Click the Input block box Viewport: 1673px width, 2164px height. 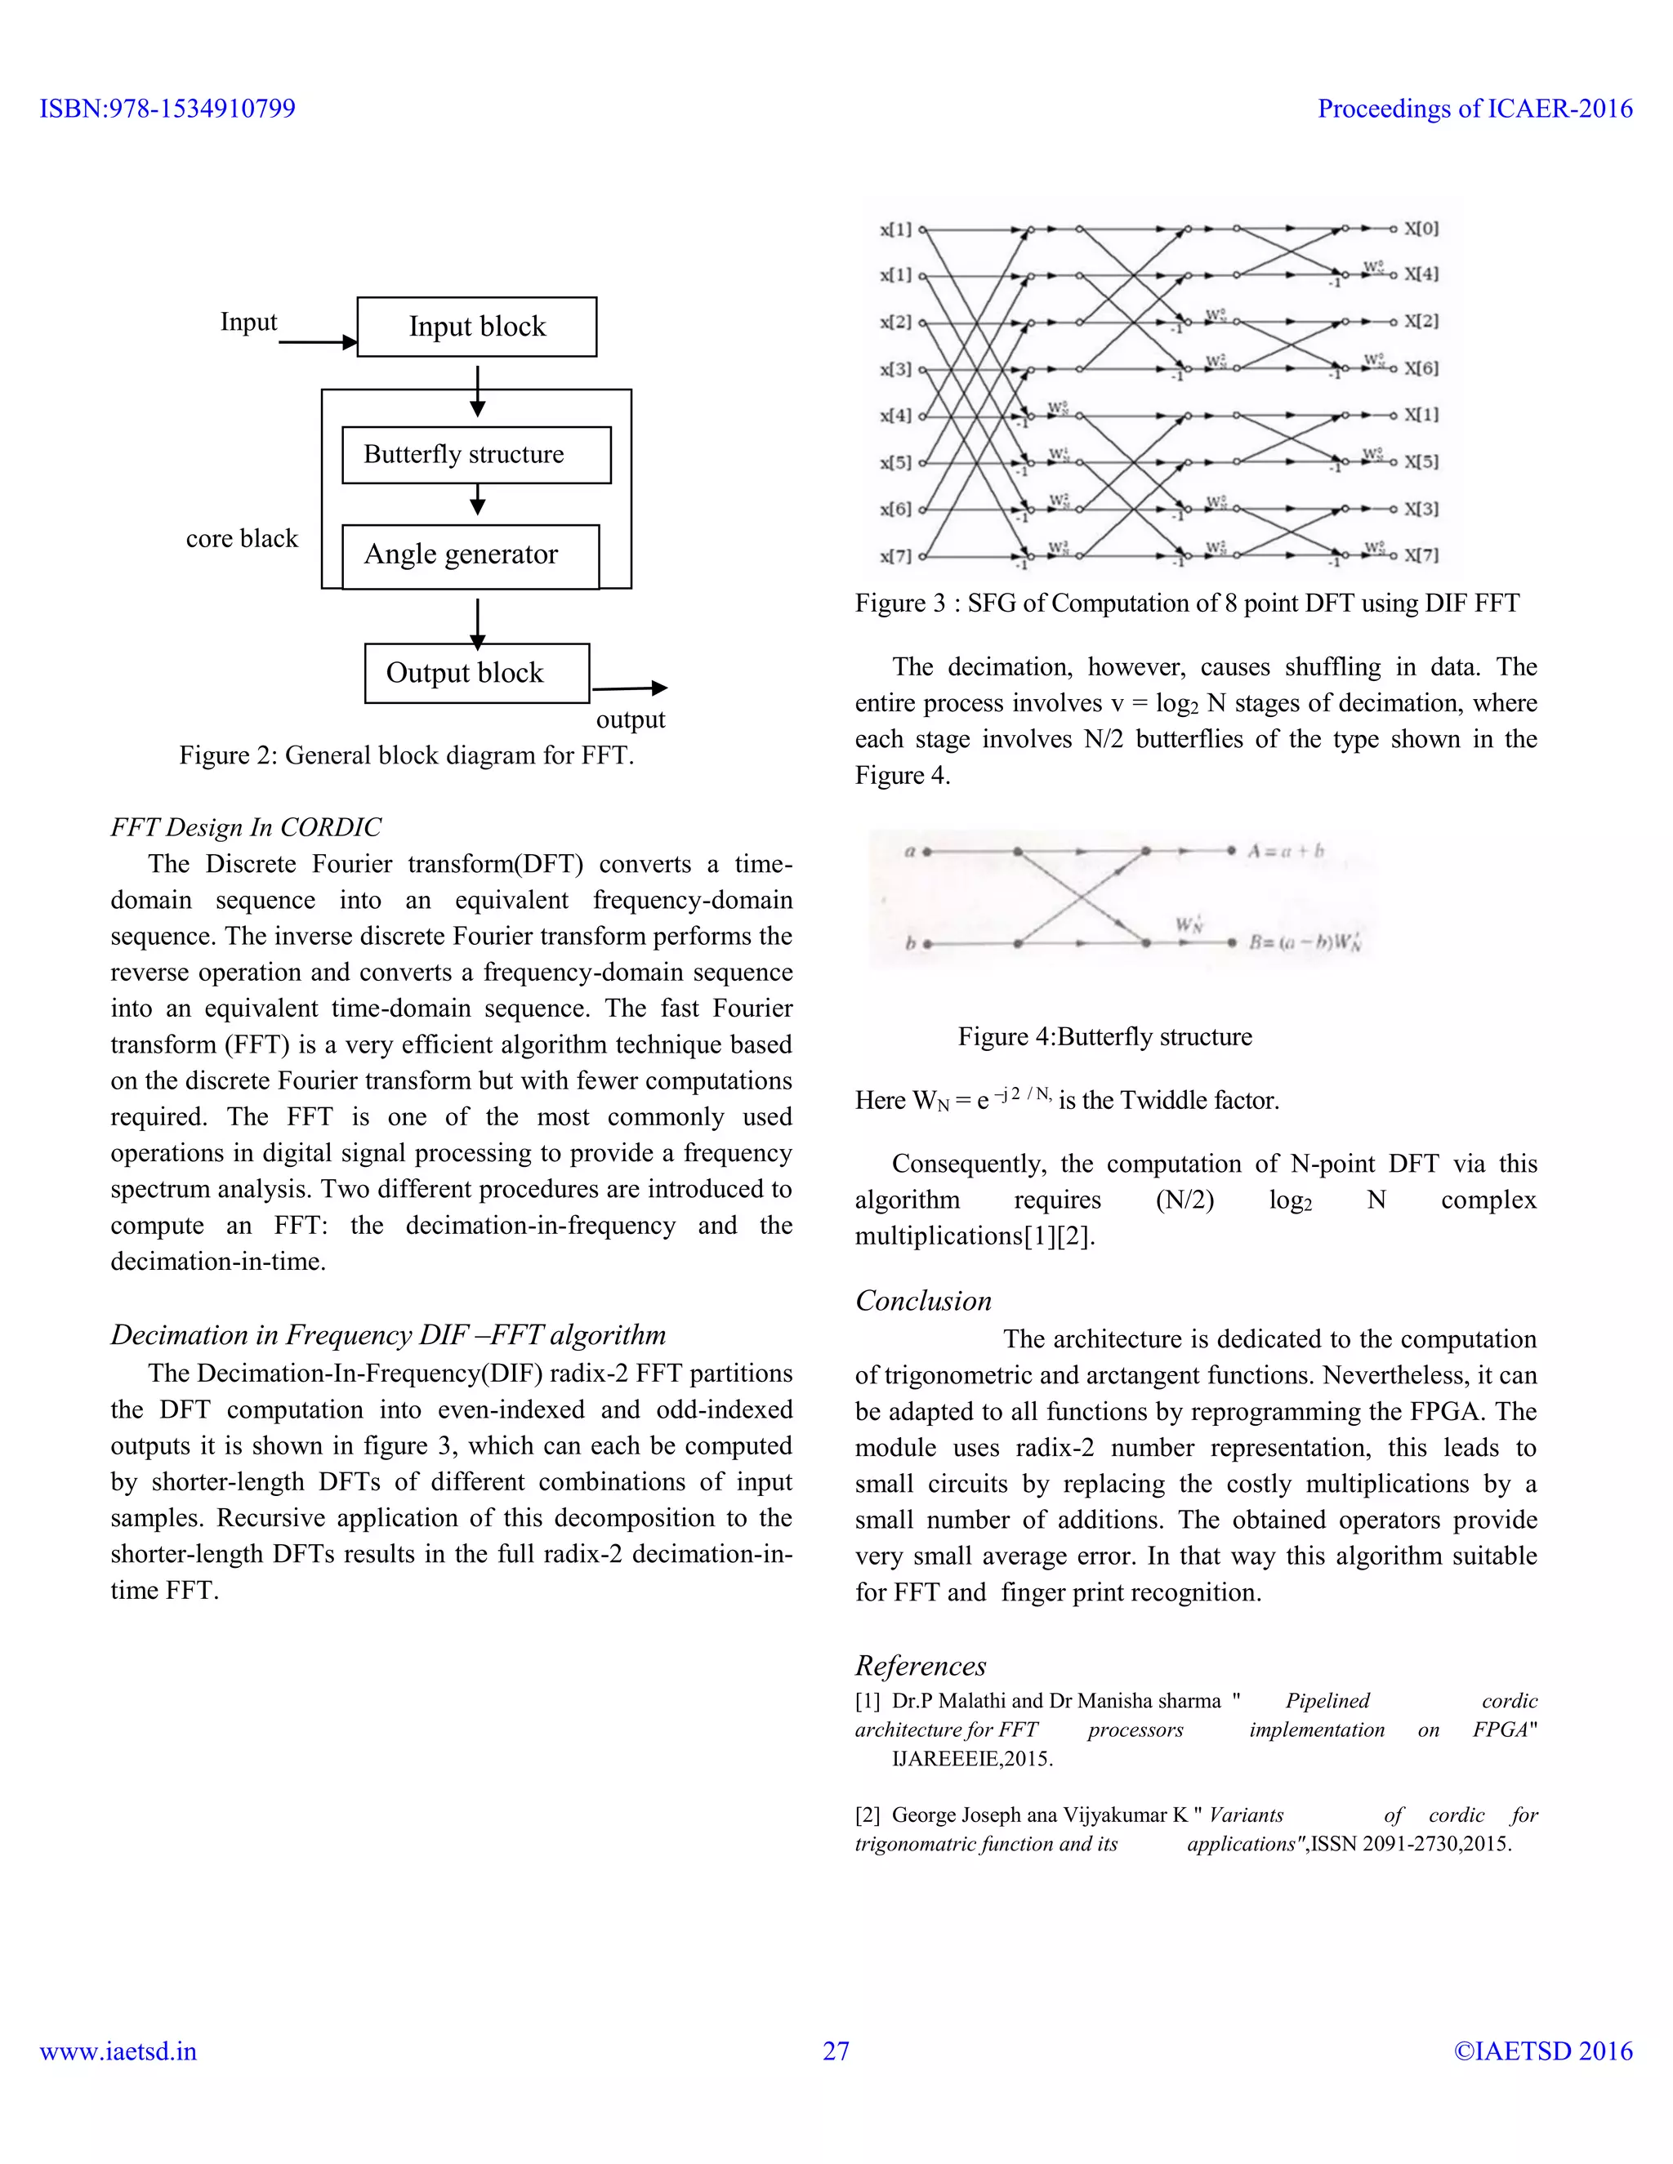pyautogui.click(x=477, y=327)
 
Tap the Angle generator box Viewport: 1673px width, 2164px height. pyautogui.click(x=470, y=556)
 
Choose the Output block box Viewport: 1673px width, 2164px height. pyautogui.click(x=477, y=674)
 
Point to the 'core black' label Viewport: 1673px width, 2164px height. pyautogui.click(x=242, y=539)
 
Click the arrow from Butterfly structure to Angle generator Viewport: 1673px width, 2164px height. pyautogui.click(x=478, y=500)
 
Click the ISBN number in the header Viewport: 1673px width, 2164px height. pyautogui.click(x=167, y=109)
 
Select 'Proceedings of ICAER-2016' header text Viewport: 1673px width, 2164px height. pyautogui.click(x=1474, y=109)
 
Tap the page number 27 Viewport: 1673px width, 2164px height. pyautogui.click(x=836, y=2051)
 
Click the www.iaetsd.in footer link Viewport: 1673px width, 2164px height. pyautogui.click(x=118, y=2051)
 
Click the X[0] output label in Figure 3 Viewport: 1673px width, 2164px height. pyautogui.click(x=1421, y=229)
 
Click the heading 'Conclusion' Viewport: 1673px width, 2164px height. pyautogui.click(x=923, y=1301)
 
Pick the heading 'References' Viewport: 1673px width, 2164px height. pyautogui.click(x=921, y=1666)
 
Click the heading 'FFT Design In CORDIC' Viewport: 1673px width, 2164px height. pyautogui.click(x=246, y=827)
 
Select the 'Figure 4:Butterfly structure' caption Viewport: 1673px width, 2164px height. pyautogui.click(x=1105, y=1037)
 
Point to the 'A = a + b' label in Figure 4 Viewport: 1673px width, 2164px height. pyautogui.click(x=1286, y=851)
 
